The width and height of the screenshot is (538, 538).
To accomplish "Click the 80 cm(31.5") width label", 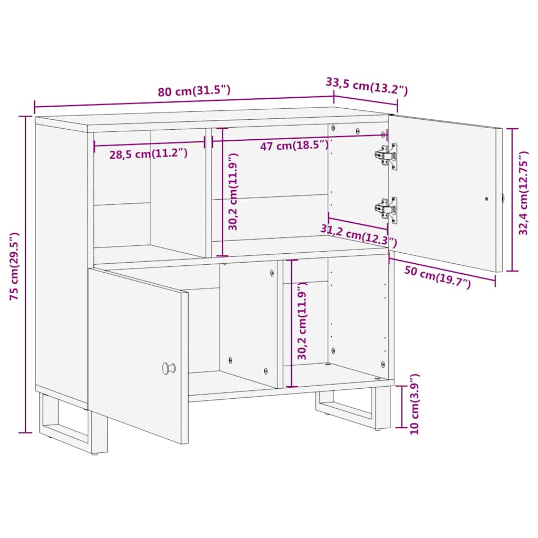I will [x=194, y=91].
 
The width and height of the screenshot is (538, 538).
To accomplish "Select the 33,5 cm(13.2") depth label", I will [x=367, y=86].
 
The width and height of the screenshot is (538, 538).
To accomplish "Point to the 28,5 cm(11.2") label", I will [x=149, y=154].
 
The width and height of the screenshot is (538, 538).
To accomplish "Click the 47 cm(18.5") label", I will [x=295, y=146].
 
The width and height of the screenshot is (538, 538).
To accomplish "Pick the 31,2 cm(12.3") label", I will [x=359, y=235].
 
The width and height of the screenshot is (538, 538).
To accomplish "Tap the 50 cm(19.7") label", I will [x=438, y=277].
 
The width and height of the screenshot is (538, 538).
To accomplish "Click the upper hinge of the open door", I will [x=387, y=156].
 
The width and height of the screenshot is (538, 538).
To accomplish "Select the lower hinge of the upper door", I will [x=387, y=210].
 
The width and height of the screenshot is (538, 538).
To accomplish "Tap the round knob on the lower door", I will [x=169, y=368].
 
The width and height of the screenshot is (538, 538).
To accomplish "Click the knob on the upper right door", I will [x=503, y=199].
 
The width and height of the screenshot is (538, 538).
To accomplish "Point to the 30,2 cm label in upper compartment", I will [x=233, y=192].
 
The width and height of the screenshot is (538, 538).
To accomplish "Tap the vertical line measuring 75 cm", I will [x=25, y=273].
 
